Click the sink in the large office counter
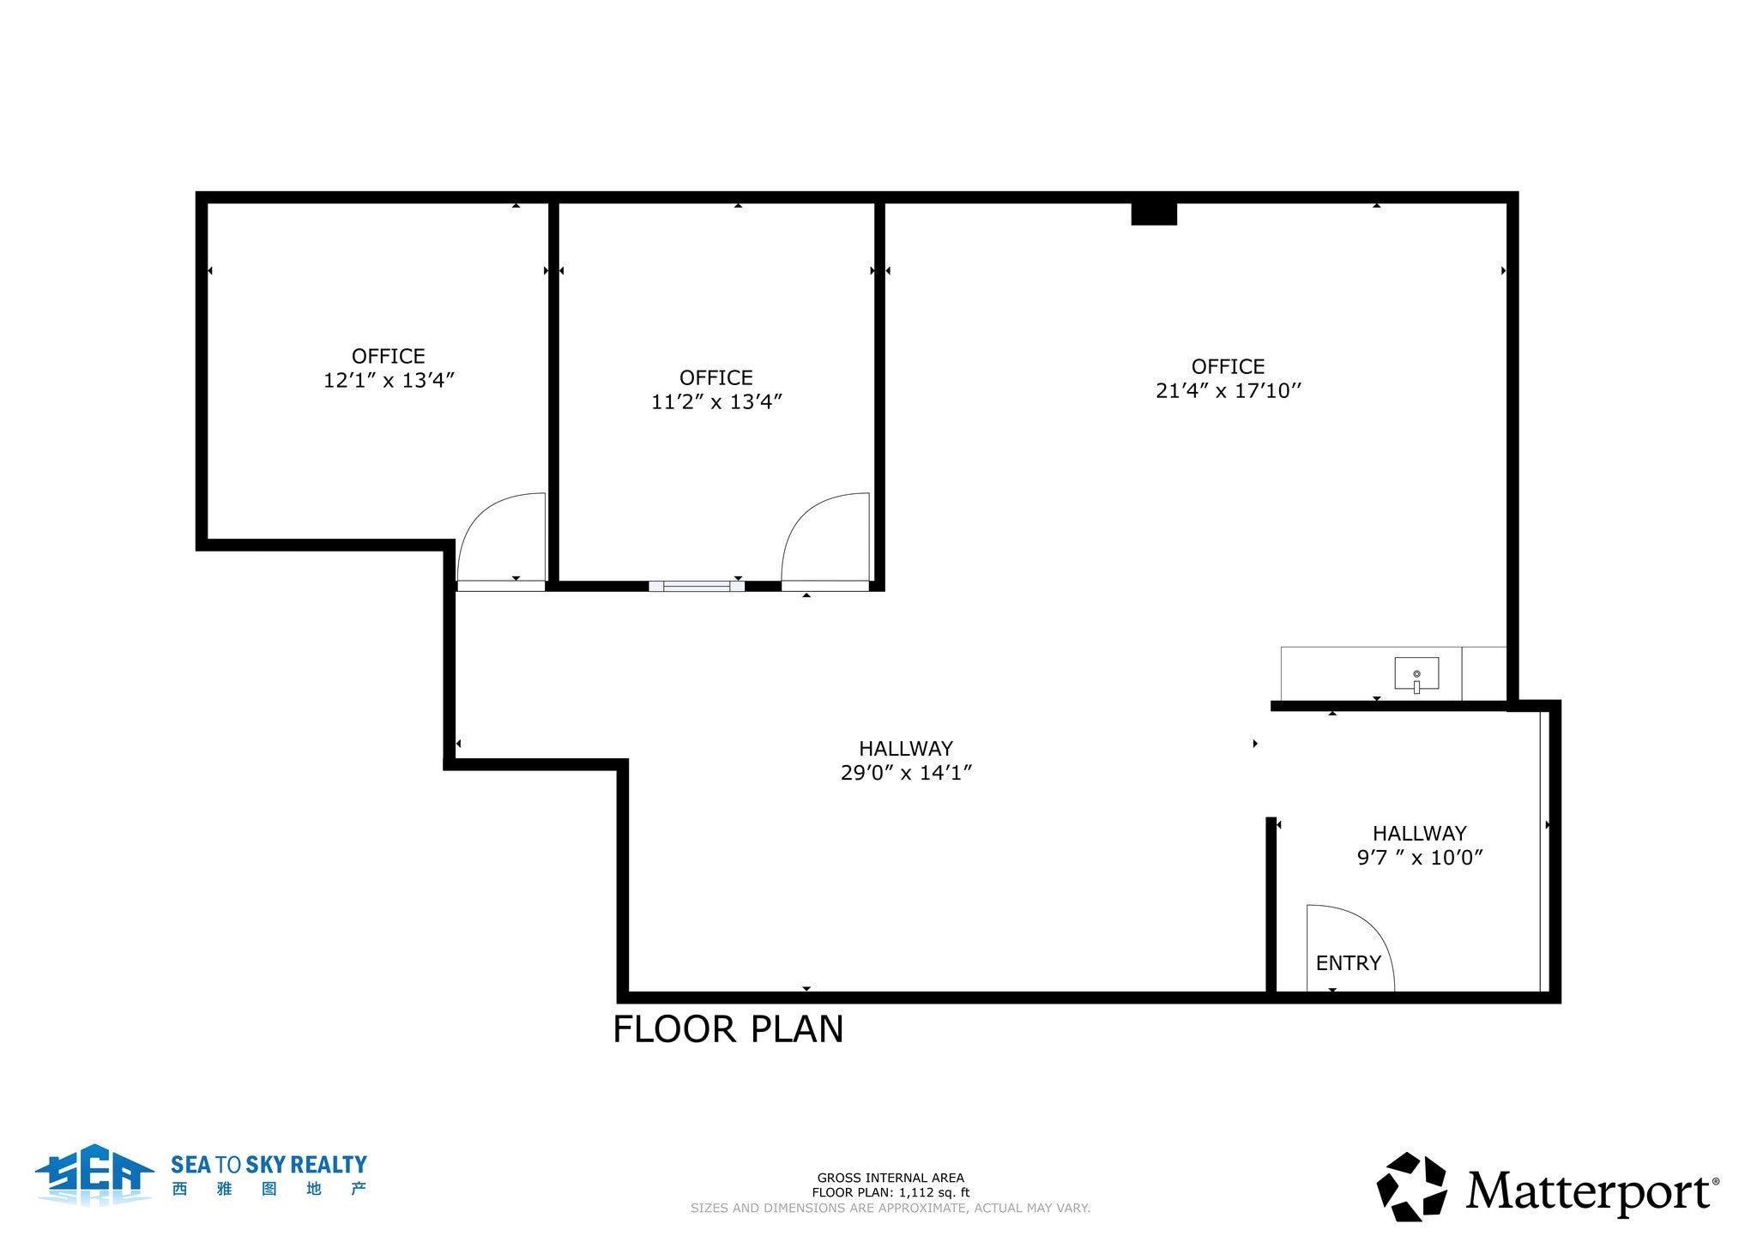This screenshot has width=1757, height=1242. pos(1416,673)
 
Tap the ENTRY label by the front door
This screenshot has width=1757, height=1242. pos(1348,963)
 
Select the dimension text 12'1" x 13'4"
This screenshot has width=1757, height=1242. pos(389,381)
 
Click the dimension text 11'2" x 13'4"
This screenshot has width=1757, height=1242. pos(716,401)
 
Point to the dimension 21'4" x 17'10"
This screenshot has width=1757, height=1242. pos(1229,391)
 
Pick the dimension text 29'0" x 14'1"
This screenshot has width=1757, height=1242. pos(906,773)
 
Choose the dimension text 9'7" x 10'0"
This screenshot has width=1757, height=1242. pos(1420,858)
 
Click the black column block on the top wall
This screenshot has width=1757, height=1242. pos(1154,213)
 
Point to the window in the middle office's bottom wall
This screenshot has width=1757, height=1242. pos(697,587)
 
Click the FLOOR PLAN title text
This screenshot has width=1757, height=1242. pos(728,1029)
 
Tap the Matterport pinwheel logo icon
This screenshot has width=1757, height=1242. pos(1411,1187)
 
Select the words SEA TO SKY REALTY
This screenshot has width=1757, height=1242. pos(269,1165)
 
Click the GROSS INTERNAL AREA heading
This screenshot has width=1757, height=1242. pos(891,1178)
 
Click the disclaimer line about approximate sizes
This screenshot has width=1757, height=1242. pos(891,1208)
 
